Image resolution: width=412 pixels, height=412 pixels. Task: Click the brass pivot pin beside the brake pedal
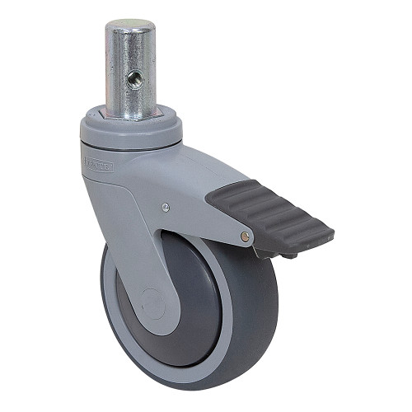(x=245, y=236)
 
